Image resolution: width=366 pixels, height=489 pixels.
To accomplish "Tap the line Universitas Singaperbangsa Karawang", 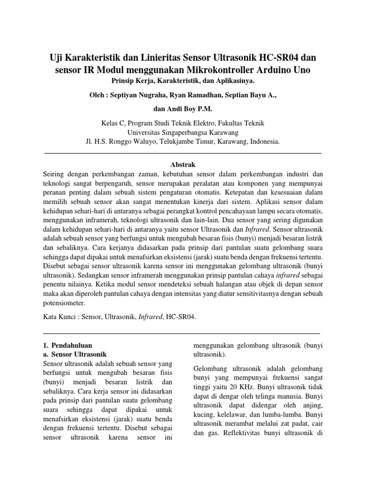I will [183, 132].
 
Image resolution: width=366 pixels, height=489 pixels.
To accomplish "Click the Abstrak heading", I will [183, 165].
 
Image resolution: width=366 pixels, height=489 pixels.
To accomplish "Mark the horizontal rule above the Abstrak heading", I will [183, 153].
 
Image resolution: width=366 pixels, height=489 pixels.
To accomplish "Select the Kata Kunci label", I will [61, 317].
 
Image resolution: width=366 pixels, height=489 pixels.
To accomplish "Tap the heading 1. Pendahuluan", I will [68, 345].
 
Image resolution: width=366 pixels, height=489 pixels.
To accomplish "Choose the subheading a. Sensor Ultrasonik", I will [75, 354].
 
